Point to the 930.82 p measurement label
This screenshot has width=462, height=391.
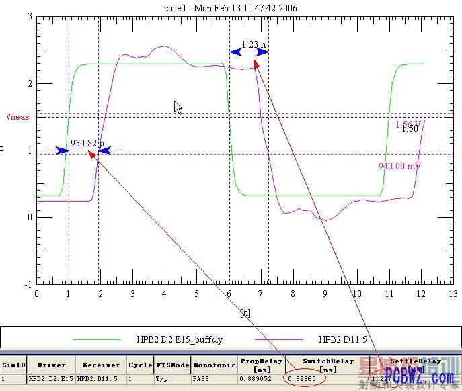coord(87,143)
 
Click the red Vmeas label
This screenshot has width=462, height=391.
coord(17,116)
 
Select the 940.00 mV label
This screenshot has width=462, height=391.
coord(399,167)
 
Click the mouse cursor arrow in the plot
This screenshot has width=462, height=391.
coord(178,107)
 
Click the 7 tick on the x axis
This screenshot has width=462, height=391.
coord(261,294)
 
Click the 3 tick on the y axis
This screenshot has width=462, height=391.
coord(30,16)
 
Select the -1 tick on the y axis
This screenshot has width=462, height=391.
coord(28,284)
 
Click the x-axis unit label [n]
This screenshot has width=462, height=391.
coord(245,312)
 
